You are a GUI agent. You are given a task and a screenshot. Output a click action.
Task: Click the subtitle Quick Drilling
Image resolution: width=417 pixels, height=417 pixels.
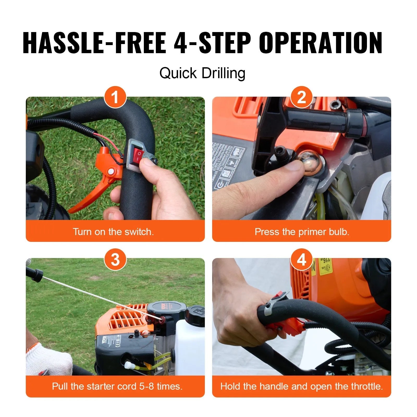(202, 73)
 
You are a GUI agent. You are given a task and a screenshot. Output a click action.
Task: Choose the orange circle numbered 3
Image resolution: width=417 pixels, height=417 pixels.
(115, 260)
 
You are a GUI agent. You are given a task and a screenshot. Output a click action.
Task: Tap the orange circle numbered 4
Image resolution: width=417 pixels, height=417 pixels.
(302, 260)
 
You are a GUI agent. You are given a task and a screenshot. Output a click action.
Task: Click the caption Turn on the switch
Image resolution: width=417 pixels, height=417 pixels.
(113, 231)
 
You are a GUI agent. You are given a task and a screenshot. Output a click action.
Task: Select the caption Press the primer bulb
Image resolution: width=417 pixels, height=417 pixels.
(302, 231)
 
